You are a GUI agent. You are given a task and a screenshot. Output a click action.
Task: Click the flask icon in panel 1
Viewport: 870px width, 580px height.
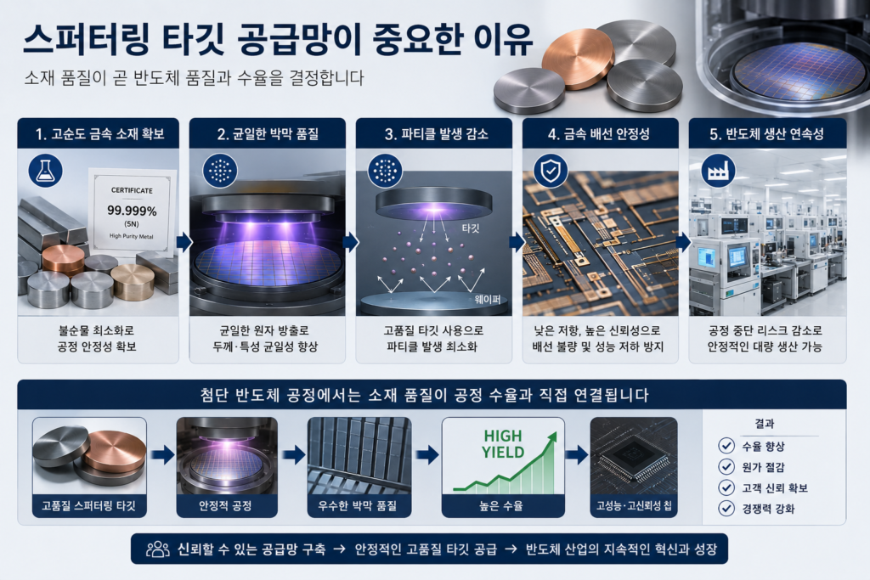(x=45, y=171)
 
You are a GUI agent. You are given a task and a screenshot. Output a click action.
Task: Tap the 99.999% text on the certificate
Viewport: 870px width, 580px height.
(x=132, y=211)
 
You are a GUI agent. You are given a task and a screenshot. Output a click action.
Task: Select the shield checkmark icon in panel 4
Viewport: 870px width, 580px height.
(x=551, y=171)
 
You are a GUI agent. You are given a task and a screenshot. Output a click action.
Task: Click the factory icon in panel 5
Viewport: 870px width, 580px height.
(x=718, y=171)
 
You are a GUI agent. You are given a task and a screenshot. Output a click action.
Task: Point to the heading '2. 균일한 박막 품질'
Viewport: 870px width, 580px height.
(x=268, y=133)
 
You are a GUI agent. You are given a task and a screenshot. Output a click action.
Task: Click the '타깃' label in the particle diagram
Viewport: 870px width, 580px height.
(x=471, y=228)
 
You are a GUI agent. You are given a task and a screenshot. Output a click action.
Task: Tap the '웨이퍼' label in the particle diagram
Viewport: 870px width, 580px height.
(x=487, y=300)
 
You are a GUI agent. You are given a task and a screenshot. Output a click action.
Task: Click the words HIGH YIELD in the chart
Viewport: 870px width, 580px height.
(x=503, y=444)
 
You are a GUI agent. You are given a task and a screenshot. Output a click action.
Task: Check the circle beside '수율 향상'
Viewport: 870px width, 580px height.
(x=726, y=446)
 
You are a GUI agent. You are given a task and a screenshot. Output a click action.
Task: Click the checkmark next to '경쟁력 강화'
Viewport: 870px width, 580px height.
(x=726, y=509)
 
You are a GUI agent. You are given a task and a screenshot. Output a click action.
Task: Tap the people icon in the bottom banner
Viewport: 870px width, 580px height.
(x=157, y=549)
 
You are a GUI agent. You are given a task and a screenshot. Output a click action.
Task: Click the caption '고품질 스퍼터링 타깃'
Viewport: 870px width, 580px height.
(x=88, y=506)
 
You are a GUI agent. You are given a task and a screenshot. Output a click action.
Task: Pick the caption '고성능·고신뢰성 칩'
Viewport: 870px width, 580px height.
(x=634, y=506)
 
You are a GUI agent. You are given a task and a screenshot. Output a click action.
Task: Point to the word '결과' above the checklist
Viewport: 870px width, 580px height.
(x=764, y=424)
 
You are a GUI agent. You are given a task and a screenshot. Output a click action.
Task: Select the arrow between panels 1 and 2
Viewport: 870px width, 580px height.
(x=184, y=242)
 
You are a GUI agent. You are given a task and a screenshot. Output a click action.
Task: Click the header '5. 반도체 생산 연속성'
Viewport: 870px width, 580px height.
(x=767, y=133)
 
